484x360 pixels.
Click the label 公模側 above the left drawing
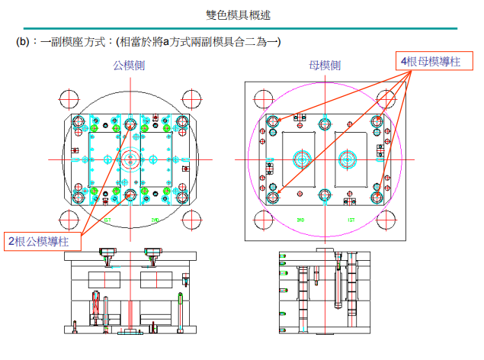click(x=130, y=66)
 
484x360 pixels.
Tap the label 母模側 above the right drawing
click(x=325, y=66)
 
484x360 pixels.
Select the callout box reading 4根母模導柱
click(x=431, y=60)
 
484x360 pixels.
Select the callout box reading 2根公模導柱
click(x=43, y=242)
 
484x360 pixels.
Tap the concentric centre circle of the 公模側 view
click(x=130, y=160)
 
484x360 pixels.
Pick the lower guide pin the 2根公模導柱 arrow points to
click(x=130, y=196)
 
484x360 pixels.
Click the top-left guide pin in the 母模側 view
click(x=273, y=121)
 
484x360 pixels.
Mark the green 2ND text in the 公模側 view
click(x=155, y=220)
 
